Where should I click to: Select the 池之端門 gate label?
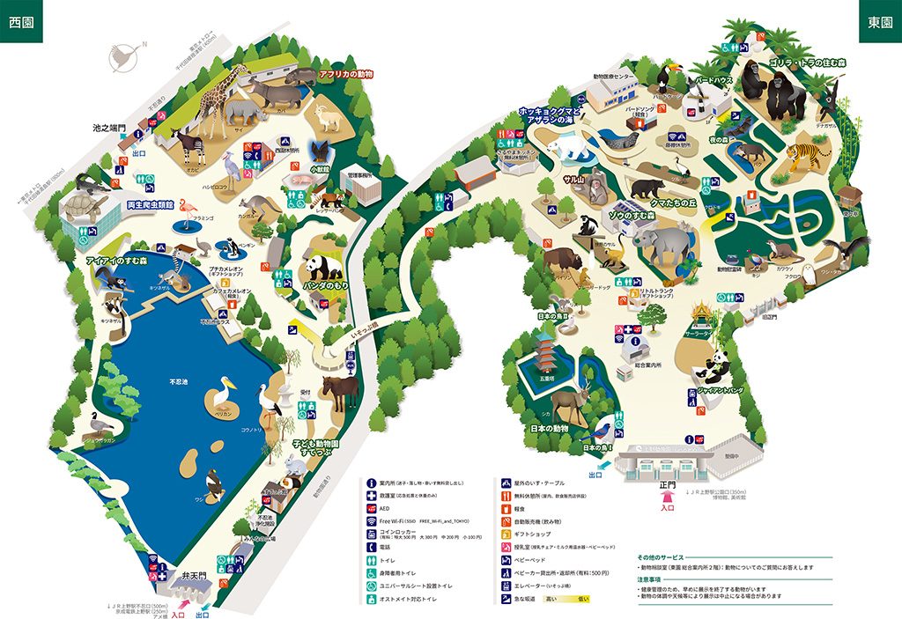110,128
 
